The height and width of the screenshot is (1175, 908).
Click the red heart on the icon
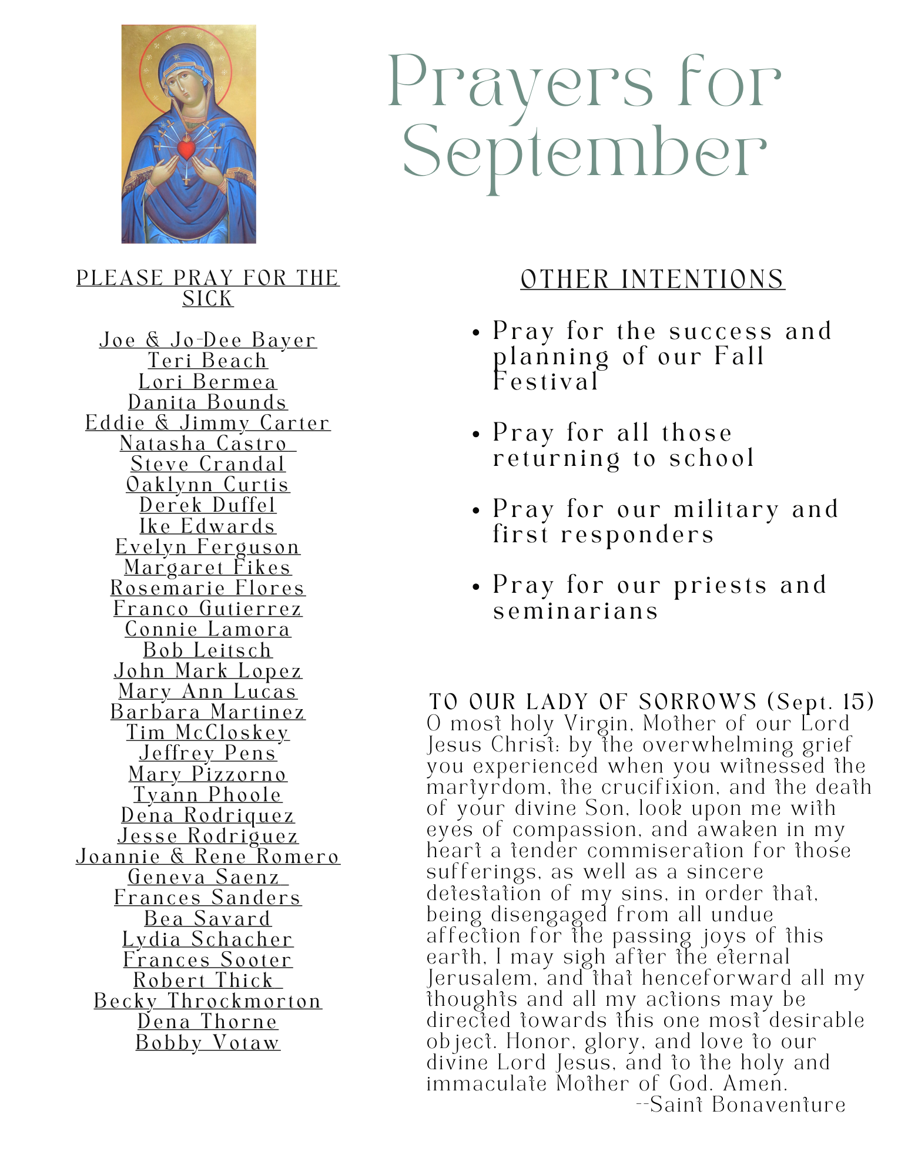pyautogui.click(x=186, y=149)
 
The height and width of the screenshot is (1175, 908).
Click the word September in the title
pyautogui.click(x=584, y=152)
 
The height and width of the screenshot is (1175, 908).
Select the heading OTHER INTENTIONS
pyautogui.click(x=652, y=279)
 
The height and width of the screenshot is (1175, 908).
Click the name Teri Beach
pyautogui.click(x=207, y=361)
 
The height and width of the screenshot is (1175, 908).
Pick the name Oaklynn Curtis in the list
pyautogui.click(x=207, y=485)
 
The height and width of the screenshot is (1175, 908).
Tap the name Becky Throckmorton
pyautogui.click(x=207, y=1001)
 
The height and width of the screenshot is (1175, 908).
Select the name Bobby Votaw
pyautogui.click(x=207, y=1042)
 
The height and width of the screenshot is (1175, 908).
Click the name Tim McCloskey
pyautogui.click(x=207, y=733)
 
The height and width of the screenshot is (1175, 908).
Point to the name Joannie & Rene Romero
pyautogui.click(x=207, y=857)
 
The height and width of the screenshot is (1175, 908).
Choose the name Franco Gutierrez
pyautogui.click(x=207, y=609)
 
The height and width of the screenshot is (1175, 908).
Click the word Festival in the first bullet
pyautogui.click(x=545, y=382)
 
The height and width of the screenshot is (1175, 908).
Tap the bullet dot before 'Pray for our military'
pyautogui.click(x=476, y=511)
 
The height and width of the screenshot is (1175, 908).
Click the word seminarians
pyautogui.click(x=575, y=612)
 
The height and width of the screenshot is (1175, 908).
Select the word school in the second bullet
pyautogui.click(x=712, y=459)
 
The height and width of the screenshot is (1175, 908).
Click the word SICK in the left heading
pyautogui.click(x=207, y=299)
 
